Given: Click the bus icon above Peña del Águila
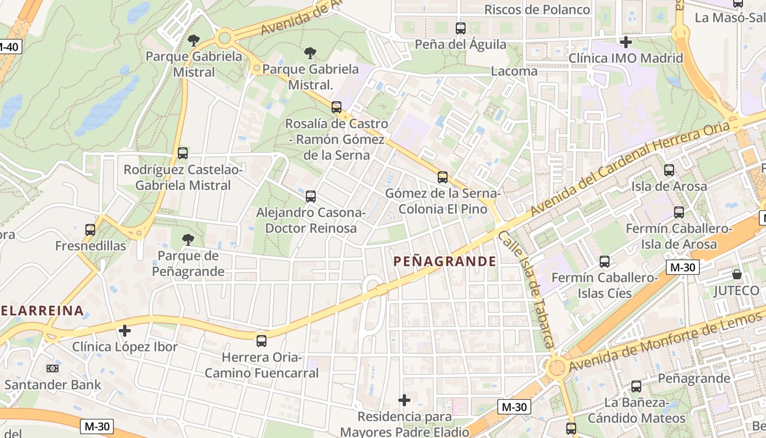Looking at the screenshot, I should pyautogui.click(x=461, y=28).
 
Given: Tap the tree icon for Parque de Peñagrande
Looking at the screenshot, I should pyautogui.click(x=188, y=239).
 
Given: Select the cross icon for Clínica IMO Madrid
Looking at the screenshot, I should pyautogui.click(x=626, y=42).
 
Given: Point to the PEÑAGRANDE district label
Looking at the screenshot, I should pyautogui.click(x=445, y=261).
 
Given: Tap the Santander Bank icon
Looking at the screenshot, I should pyautogui.click(x=53, y=368).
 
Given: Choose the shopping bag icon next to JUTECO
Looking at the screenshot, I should pyautogui.click(x=737, y=274).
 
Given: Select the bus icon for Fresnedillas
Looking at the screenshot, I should pyautogui.click(x=90, y=230).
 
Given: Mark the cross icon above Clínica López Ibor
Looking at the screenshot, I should pyautogui.click(x=125, y=331).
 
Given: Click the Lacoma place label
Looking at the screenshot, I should pyautogui.click(x=514, y=71).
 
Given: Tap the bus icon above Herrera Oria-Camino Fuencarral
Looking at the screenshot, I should pyautogui.click(x=262, y=341).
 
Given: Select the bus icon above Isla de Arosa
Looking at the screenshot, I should pyautogui.click(x=669, y=170).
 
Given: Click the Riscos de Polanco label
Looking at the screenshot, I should pyautogui.click(x=537, y=10).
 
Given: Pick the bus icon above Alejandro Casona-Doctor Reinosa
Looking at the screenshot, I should pyautogui.click(x=311, y=196).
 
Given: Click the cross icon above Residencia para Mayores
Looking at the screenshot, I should pyautogui.click(x=404, y=400).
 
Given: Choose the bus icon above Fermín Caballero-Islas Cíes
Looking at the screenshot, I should pyautogui.click(x=605, y=262).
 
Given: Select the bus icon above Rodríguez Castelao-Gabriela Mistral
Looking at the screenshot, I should pyautogui.click(x=183, y=153).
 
